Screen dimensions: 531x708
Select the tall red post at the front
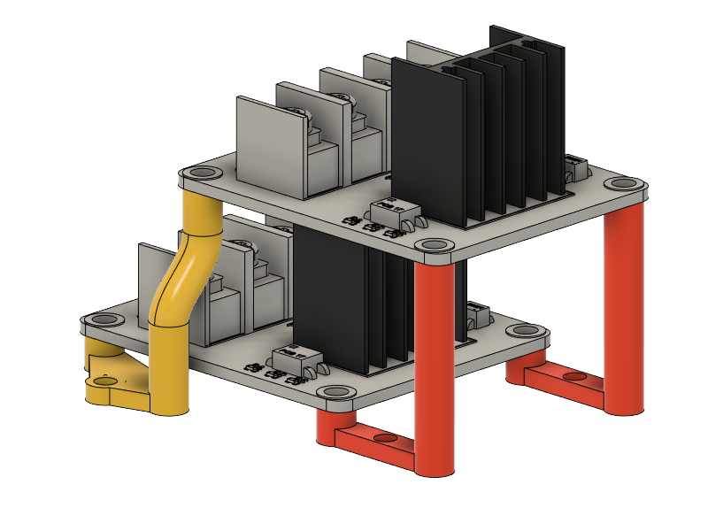(x=435, y=372)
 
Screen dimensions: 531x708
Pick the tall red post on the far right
(x=623, y=310)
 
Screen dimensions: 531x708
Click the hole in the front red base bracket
(x=383, y=438)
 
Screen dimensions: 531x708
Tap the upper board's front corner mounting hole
(x=433, y=244)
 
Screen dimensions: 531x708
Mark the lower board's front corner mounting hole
(x=335, y=391)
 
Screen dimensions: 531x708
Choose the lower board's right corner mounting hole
(x=523, y=331)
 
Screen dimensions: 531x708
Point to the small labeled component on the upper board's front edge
(x=387, y=211)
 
